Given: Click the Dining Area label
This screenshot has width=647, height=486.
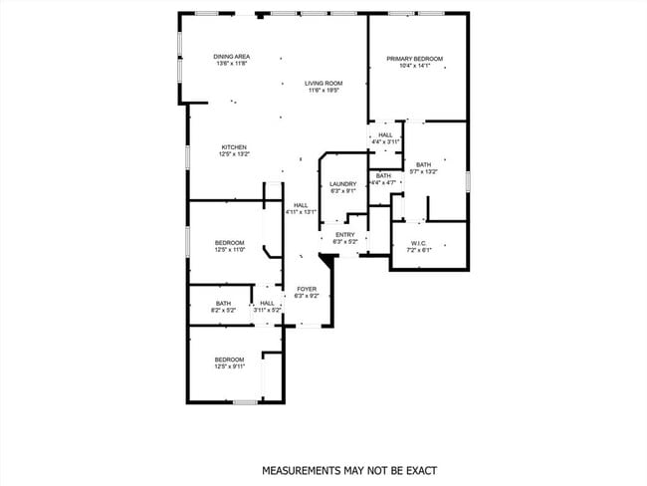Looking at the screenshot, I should (x=231, y=57).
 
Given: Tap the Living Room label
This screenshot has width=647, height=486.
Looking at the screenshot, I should (x=323, y=83).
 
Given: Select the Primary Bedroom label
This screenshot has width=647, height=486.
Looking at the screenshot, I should (x=414, y=59).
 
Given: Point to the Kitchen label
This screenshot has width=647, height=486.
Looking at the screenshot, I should (x=234, y=147).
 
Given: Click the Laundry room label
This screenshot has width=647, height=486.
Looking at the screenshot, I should (x=343, y=184).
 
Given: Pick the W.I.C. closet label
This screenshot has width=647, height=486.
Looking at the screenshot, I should (x=418, y=243).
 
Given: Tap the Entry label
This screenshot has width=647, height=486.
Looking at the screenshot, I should (x=345, y=234).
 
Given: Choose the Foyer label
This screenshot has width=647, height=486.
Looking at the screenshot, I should (x=306, y=289).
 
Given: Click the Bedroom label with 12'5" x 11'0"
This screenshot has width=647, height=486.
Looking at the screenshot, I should (x=230, y=243).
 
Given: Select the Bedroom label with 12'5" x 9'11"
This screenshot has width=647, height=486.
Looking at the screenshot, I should (x=230, y=360).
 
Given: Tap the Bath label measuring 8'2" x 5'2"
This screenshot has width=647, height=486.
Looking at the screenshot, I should (x=224, y=304).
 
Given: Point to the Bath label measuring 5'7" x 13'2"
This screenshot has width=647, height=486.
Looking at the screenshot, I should (x=424, y=164).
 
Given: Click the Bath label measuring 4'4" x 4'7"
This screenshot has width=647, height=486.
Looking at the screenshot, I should (x=384, y=176).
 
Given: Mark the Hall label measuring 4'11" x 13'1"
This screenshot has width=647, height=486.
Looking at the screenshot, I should (x=301, y=205).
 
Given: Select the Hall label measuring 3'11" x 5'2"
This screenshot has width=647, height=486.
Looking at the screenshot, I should (x=267, y=304).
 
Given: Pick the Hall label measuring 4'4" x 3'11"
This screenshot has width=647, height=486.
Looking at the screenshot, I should (x=385, y=134).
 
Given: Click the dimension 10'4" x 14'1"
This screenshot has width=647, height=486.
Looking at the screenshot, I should (x=414, y=66).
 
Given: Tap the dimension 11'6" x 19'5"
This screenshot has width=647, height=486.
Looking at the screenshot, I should (x=323, y=90).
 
